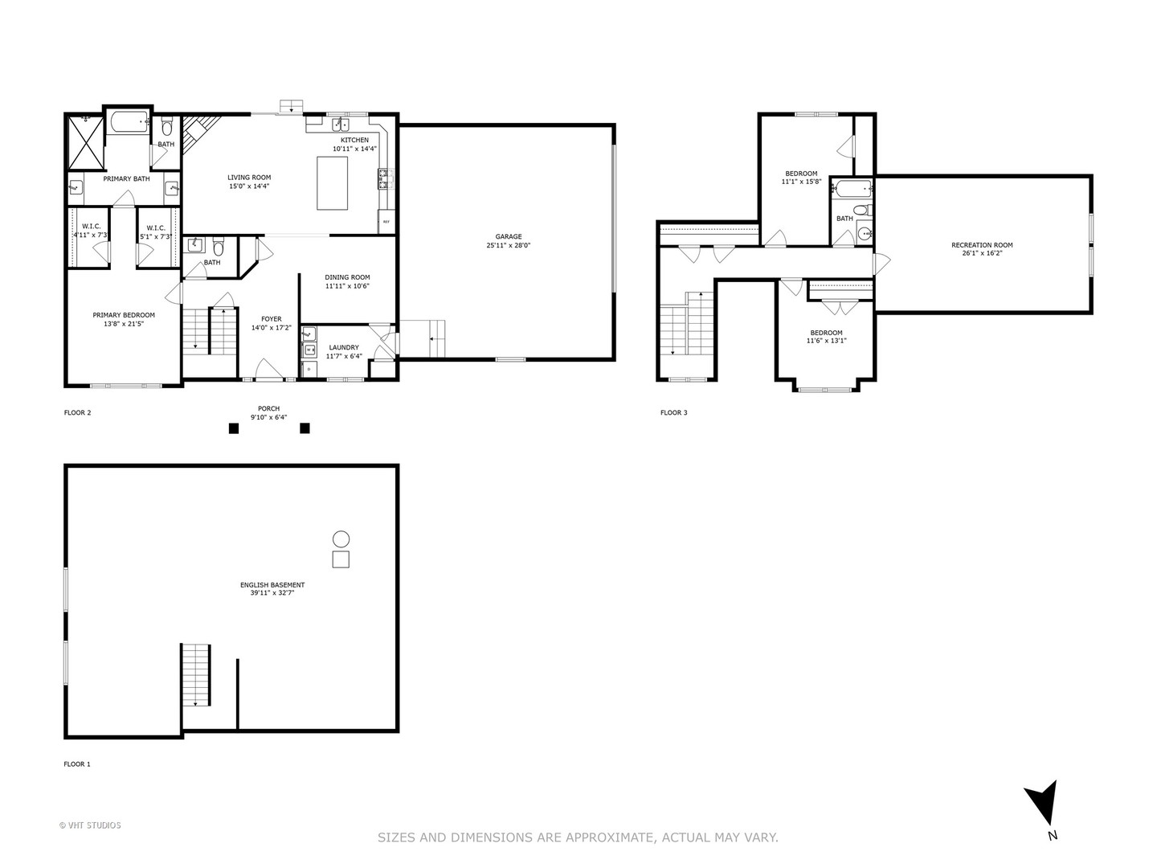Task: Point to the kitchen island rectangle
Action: point(333,183)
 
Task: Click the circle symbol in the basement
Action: point(341,539)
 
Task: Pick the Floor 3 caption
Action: point(673,413)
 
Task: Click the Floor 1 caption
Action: point(77,764)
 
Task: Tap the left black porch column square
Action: point(234,428)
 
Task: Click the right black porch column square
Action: point(305,428)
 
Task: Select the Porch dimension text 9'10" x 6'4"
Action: point(268,418)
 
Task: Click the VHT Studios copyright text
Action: point(90,825)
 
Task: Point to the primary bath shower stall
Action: point(84,142)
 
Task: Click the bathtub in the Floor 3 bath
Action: point(852,190)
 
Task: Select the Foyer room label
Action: point(272,323)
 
